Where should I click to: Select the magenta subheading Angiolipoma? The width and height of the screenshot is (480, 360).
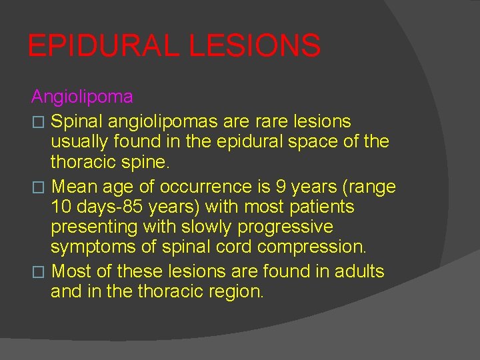click(82, 97)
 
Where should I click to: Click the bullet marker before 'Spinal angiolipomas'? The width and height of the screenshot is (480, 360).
click(37, 122)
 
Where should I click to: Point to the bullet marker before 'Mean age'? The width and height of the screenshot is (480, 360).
click(37, 187)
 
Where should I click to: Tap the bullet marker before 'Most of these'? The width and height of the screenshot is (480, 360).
click(37, 272)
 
